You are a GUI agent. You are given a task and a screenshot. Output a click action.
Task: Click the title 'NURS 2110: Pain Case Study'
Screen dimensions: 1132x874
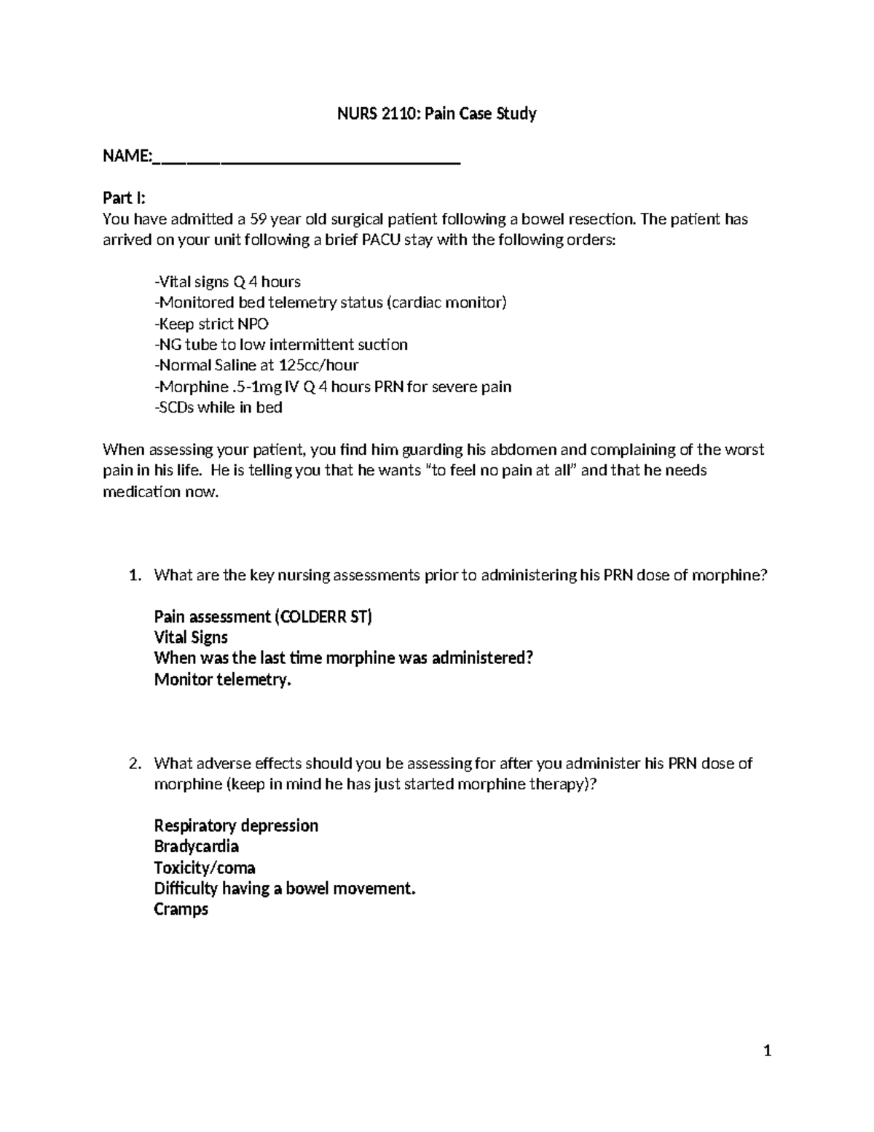pyautogui.click(x=436, y=114)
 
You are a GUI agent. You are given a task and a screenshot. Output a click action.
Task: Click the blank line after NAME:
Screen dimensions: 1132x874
pyautogui.click(x=307, y=157)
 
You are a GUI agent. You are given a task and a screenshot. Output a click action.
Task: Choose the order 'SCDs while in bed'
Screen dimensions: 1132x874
pyautogui.click(x=218, y=407)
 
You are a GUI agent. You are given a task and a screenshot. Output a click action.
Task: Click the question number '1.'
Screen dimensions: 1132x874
pyautogui.click(x=134, y=575)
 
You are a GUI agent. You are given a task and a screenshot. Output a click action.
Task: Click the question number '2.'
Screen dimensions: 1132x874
pyautogui.click(x=134, y=763)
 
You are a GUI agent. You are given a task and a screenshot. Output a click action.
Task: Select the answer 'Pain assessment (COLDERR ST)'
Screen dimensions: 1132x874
pyautogui.click(x=263, y=617)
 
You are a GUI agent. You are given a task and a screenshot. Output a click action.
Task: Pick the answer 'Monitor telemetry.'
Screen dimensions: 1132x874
pyautogui.click(x=222, y=680)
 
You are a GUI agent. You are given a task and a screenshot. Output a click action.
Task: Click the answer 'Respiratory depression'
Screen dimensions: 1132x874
pyautogui.click(x=236, y=826)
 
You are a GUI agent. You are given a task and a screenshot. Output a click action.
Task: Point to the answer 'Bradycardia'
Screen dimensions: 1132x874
pyautogui.click(x=196, y=846)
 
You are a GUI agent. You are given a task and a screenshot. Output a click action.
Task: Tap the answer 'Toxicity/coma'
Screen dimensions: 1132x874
pyautogui.click(x=204, y=868)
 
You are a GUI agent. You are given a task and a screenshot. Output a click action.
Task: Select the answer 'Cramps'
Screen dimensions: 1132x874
pyautogui.click(x=181, y=910)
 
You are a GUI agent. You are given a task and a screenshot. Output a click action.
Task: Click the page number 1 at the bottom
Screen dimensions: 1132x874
pyautogui.click(x=767, y=1051)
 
